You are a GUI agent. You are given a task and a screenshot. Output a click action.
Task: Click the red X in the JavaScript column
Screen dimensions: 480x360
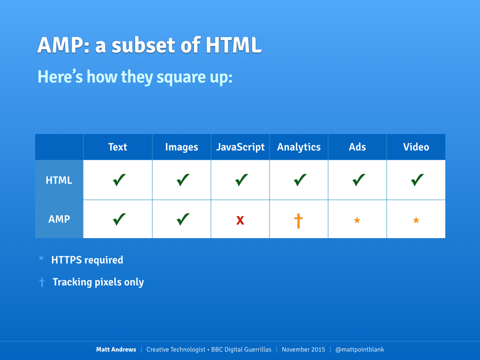click(240, 220)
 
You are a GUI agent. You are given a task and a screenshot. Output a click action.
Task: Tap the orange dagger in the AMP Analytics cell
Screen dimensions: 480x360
click(299, 221)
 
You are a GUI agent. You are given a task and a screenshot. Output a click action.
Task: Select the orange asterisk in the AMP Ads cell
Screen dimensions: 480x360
click(357, 220)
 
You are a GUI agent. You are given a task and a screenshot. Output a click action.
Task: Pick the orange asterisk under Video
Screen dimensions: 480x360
click(416, 220)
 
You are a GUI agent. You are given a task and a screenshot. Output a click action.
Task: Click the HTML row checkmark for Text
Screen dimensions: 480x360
click(119, 180)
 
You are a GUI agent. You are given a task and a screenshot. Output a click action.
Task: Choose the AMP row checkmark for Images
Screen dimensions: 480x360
click(183, 219)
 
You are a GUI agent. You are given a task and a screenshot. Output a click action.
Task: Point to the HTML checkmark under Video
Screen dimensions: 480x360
click(417, 180)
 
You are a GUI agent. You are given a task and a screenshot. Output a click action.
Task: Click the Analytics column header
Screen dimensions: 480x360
click(299, 147)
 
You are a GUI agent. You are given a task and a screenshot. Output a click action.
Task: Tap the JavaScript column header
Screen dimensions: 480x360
click(240, 147)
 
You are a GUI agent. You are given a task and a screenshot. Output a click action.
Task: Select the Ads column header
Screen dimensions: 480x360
click(357, 147)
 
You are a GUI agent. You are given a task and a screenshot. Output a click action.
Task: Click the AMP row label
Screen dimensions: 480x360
click(59, 219)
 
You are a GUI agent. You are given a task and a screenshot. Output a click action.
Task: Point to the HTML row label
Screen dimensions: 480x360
click(59, 180)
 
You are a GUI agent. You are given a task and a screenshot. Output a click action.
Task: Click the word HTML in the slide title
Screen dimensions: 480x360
click(233, 45)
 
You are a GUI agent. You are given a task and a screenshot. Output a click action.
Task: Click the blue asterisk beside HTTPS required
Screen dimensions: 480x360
click(41, 259)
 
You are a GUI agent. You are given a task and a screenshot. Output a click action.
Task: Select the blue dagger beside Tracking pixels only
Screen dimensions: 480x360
click(42, 282)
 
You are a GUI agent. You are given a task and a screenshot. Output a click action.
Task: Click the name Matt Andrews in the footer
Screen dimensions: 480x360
click(116, 350)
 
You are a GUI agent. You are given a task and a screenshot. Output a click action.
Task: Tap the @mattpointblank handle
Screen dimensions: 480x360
click(360, 350)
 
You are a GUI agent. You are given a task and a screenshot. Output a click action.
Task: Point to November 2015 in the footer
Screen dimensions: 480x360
click(303, 350)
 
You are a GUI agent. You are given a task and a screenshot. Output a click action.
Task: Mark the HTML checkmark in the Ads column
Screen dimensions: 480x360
click(359, 180)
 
